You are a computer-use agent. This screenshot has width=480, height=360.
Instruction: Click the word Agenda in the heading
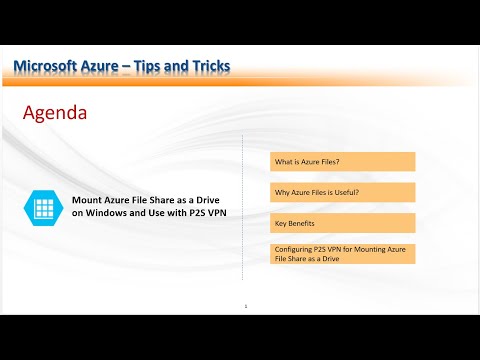pyautogui.click(x=54, y=114)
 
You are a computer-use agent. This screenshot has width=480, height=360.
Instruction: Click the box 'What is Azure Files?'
pyautogui.click(x=342, y=162)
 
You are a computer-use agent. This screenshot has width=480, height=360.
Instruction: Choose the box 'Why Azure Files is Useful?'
pyautogui.click(x=342, y=192)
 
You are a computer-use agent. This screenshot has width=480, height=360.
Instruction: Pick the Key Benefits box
pyautogui.click(x=342, y=222)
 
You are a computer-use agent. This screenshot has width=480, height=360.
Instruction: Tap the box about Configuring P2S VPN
pyautogui.click(x=342, y=252)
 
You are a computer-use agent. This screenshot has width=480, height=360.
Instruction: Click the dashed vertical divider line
pyautogui.click(x=243, y=220)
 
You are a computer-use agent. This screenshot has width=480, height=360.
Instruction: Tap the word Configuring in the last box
pyautogui.click(x=291, y=247)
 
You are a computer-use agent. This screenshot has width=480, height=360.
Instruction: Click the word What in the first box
pyautogui.click(x=282, y=162)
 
